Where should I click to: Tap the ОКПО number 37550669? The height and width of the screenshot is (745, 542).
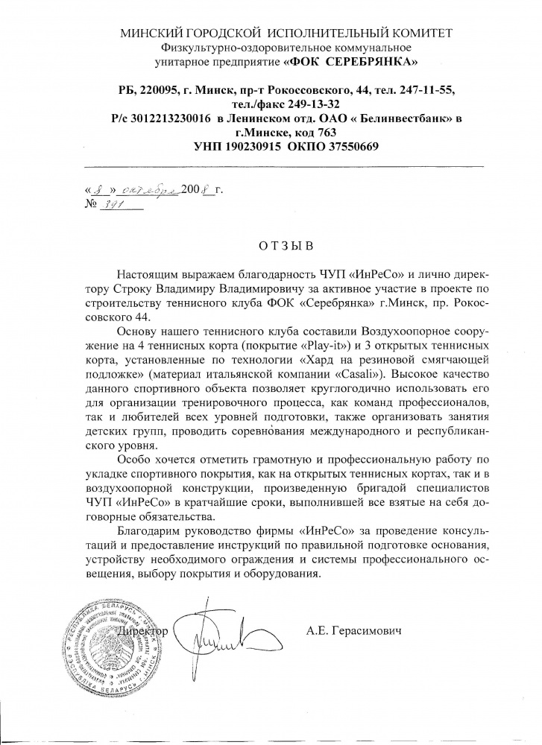[x=350, y=147]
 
